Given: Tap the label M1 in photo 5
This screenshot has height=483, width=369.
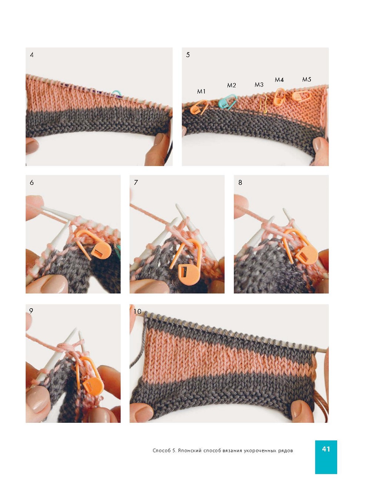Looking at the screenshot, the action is click(x=201, y=91).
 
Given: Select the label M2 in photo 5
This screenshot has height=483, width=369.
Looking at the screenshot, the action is click(x=231, y=85).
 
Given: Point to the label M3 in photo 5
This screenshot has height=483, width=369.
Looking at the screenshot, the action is click(x=259, y=85).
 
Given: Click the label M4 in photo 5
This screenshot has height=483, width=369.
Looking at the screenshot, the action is click(x=279, y=80).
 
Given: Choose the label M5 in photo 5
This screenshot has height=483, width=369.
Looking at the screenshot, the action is click(x=306, y=79).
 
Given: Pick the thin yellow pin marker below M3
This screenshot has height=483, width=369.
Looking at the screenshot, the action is click(x=264, y=103).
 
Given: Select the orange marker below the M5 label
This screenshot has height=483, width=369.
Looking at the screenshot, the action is click(x=301, y=96).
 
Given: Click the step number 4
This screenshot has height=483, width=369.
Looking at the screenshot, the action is click(x=32, y=55).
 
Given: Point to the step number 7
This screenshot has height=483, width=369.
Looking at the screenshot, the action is click(x=136, y=183).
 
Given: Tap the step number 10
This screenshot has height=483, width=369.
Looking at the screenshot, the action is click(x=137, y=312).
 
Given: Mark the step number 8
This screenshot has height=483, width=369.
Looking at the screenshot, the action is click(x=240, y=183).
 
